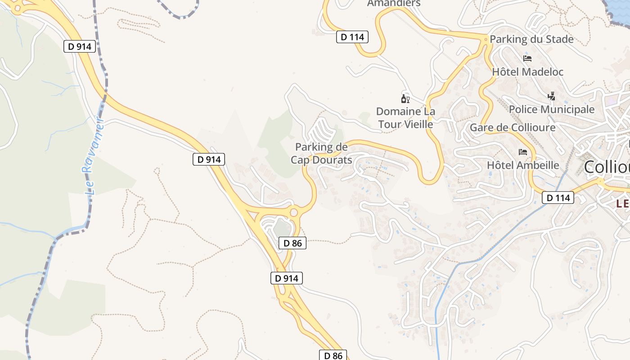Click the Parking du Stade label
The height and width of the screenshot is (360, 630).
point(531,39)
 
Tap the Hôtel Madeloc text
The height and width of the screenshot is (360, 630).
point(527,72)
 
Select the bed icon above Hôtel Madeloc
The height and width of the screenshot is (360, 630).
point(527,58)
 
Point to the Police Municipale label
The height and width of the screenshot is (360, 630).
point(551,109)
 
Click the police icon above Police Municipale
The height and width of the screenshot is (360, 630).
point(551,96)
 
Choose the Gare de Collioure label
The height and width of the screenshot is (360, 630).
point(513,128)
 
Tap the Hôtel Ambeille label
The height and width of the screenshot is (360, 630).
point(523,165)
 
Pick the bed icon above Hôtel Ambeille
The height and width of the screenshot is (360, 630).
point(523,152)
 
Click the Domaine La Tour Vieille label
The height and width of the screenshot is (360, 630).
point(405,117)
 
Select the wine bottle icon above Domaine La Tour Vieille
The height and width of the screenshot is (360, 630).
point(405,99)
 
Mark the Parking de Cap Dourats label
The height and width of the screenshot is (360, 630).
point(321,153)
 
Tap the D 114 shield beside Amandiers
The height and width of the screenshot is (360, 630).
point(352,37)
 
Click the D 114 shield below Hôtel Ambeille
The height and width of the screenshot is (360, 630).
point(558,198)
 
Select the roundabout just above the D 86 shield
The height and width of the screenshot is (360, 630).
point(294,211)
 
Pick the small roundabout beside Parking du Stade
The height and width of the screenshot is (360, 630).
point(485,40)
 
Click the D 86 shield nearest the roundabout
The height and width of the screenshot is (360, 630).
point(292,243)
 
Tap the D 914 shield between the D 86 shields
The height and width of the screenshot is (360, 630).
point(287,278)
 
